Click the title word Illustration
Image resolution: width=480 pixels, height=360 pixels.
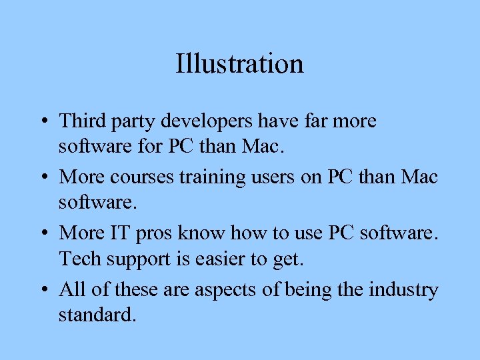[x=239, y=64]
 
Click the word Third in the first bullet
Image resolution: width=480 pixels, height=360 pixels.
[x=79, y=121]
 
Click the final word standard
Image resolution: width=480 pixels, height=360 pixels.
[x=97, y=313]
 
